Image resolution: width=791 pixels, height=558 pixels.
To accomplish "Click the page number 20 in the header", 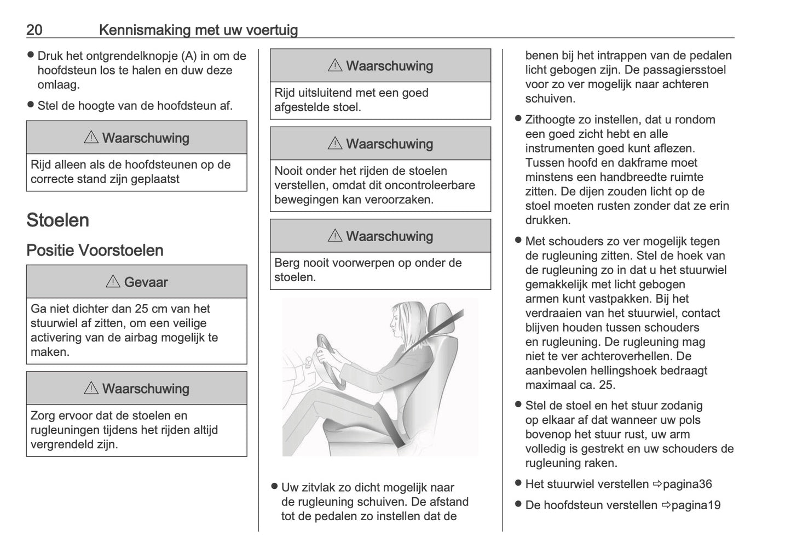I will click(34, 30).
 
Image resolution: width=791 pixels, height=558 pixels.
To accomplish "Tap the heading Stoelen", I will click(57, 220).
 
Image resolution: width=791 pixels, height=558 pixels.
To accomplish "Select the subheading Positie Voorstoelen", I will click(95, 250).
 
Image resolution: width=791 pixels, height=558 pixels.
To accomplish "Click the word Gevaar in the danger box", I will click(146, 282).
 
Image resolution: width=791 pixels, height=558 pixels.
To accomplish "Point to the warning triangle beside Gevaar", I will click(113, 282).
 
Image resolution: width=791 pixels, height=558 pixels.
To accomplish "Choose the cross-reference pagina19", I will click(695, 505).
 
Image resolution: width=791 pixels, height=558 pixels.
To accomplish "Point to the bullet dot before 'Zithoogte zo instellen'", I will click(518, 119).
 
